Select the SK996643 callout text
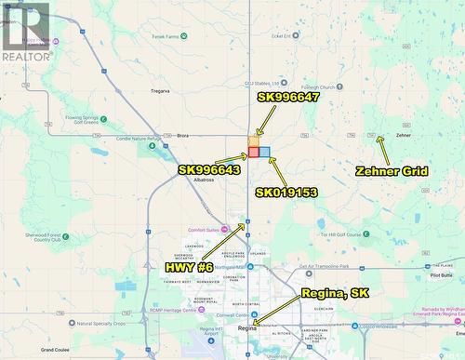point(209,170)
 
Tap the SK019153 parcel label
point(287,193)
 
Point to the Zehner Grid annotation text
point(392,171)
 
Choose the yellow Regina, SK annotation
point(336,293)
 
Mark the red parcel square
point(254,152)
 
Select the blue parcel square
point(265,152)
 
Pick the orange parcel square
point(254,141)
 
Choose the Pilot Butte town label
point(442,275)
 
